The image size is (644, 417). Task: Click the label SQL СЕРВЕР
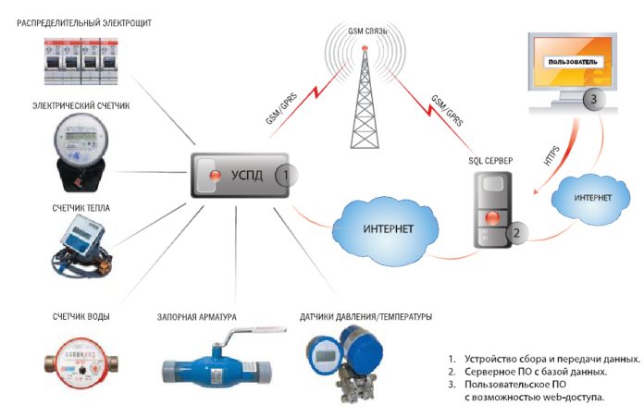pos(490,160)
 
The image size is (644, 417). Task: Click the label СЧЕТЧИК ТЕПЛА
pos(80,208)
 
